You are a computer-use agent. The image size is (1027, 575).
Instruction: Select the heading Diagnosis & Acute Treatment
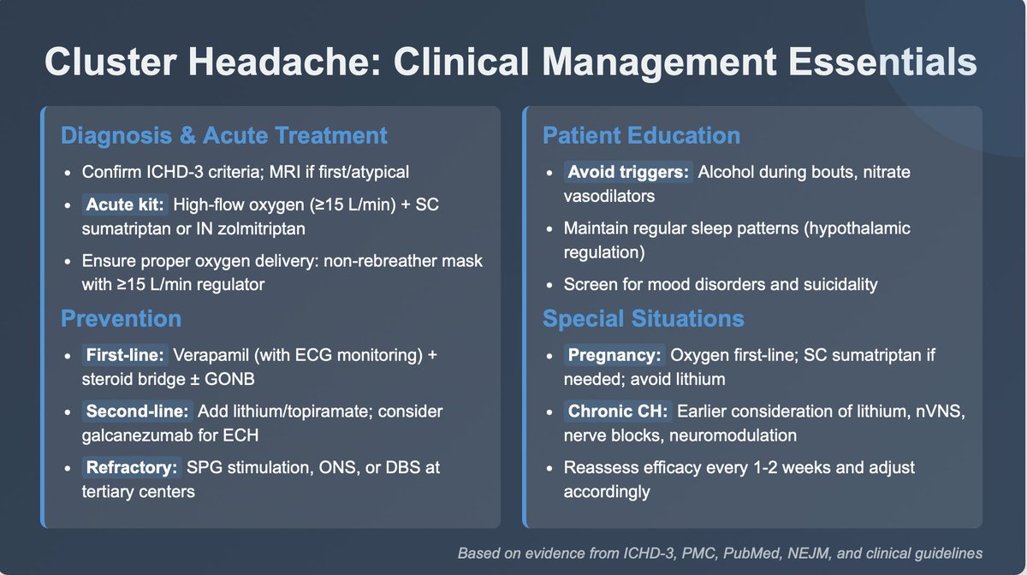click(x=224, y=135)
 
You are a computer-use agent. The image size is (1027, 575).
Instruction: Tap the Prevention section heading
click(x=121, y=319)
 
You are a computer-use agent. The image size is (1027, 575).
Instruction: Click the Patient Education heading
click(x=641, y=135)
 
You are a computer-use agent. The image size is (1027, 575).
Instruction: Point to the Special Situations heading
click(x=644, y=319)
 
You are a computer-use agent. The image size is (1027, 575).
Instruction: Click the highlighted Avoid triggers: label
click(x=628, y=172)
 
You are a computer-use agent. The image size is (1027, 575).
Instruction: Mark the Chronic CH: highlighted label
click(x=617, y=412)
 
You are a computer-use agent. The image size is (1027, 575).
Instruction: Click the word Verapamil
click(x=206, y=354)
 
